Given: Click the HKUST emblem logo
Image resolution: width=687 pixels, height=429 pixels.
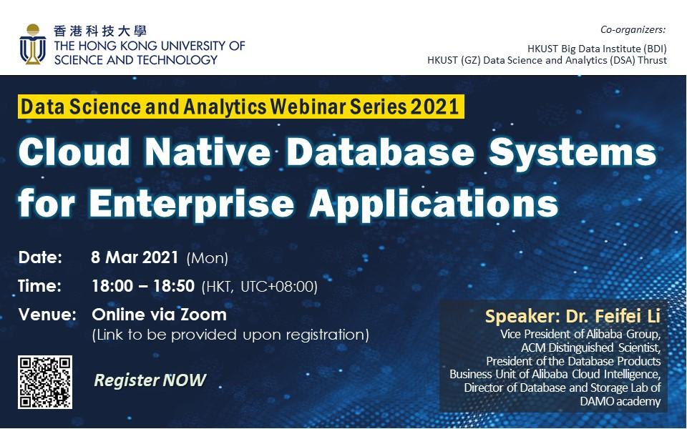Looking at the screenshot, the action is click(x=33, y=44).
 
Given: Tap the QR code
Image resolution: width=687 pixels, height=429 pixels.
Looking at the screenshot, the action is click(x=45, y=382).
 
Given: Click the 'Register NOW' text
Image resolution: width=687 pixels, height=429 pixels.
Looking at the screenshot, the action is click(x=150, y=380).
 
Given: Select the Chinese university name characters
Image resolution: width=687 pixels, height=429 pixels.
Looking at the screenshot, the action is click(x=100, y=31).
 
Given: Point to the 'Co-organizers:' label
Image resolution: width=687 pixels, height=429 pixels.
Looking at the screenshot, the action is click(x=633, y=30).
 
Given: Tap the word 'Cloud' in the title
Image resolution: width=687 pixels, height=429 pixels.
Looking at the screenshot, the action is click(x=74, y=152).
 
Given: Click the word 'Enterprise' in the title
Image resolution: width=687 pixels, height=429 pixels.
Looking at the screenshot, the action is click(x=192, y=203).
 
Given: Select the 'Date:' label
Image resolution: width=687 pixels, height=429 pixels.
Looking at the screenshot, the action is click(x=40, y=257).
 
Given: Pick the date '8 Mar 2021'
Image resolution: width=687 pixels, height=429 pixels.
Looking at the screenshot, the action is click(x=135, y=257).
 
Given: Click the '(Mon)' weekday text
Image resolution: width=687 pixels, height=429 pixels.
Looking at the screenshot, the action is click(x=208, y=258).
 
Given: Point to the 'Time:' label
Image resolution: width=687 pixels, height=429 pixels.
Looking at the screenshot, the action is click(x=40, y=286).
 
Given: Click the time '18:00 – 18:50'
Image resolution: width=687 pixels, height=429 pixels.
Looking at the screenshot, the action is click(x=143, y=286).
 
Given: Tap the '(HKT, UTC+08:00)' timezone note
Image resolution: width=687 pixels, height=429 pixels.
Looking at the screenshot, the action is click(x=259, y=287).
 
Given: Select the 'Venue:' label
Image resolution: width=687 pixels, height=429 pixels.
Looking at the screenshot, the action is click(x=47, y=315).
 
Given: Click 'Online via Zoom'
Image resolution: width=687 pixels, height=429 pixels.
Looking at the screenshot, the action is click(x=160, y=315).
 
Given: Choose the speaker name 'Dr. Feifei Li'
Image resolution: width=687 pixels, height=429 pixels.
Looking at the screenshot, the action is click(x=613, y=316).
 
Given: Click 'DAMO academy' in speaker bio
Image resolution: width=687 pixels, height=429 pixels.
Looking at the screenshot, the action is click(x=620, y=401).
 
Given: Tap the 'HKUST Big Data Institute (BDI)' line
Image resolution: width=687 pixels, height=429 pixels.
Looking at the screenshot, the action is click(x=597, y=48).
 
